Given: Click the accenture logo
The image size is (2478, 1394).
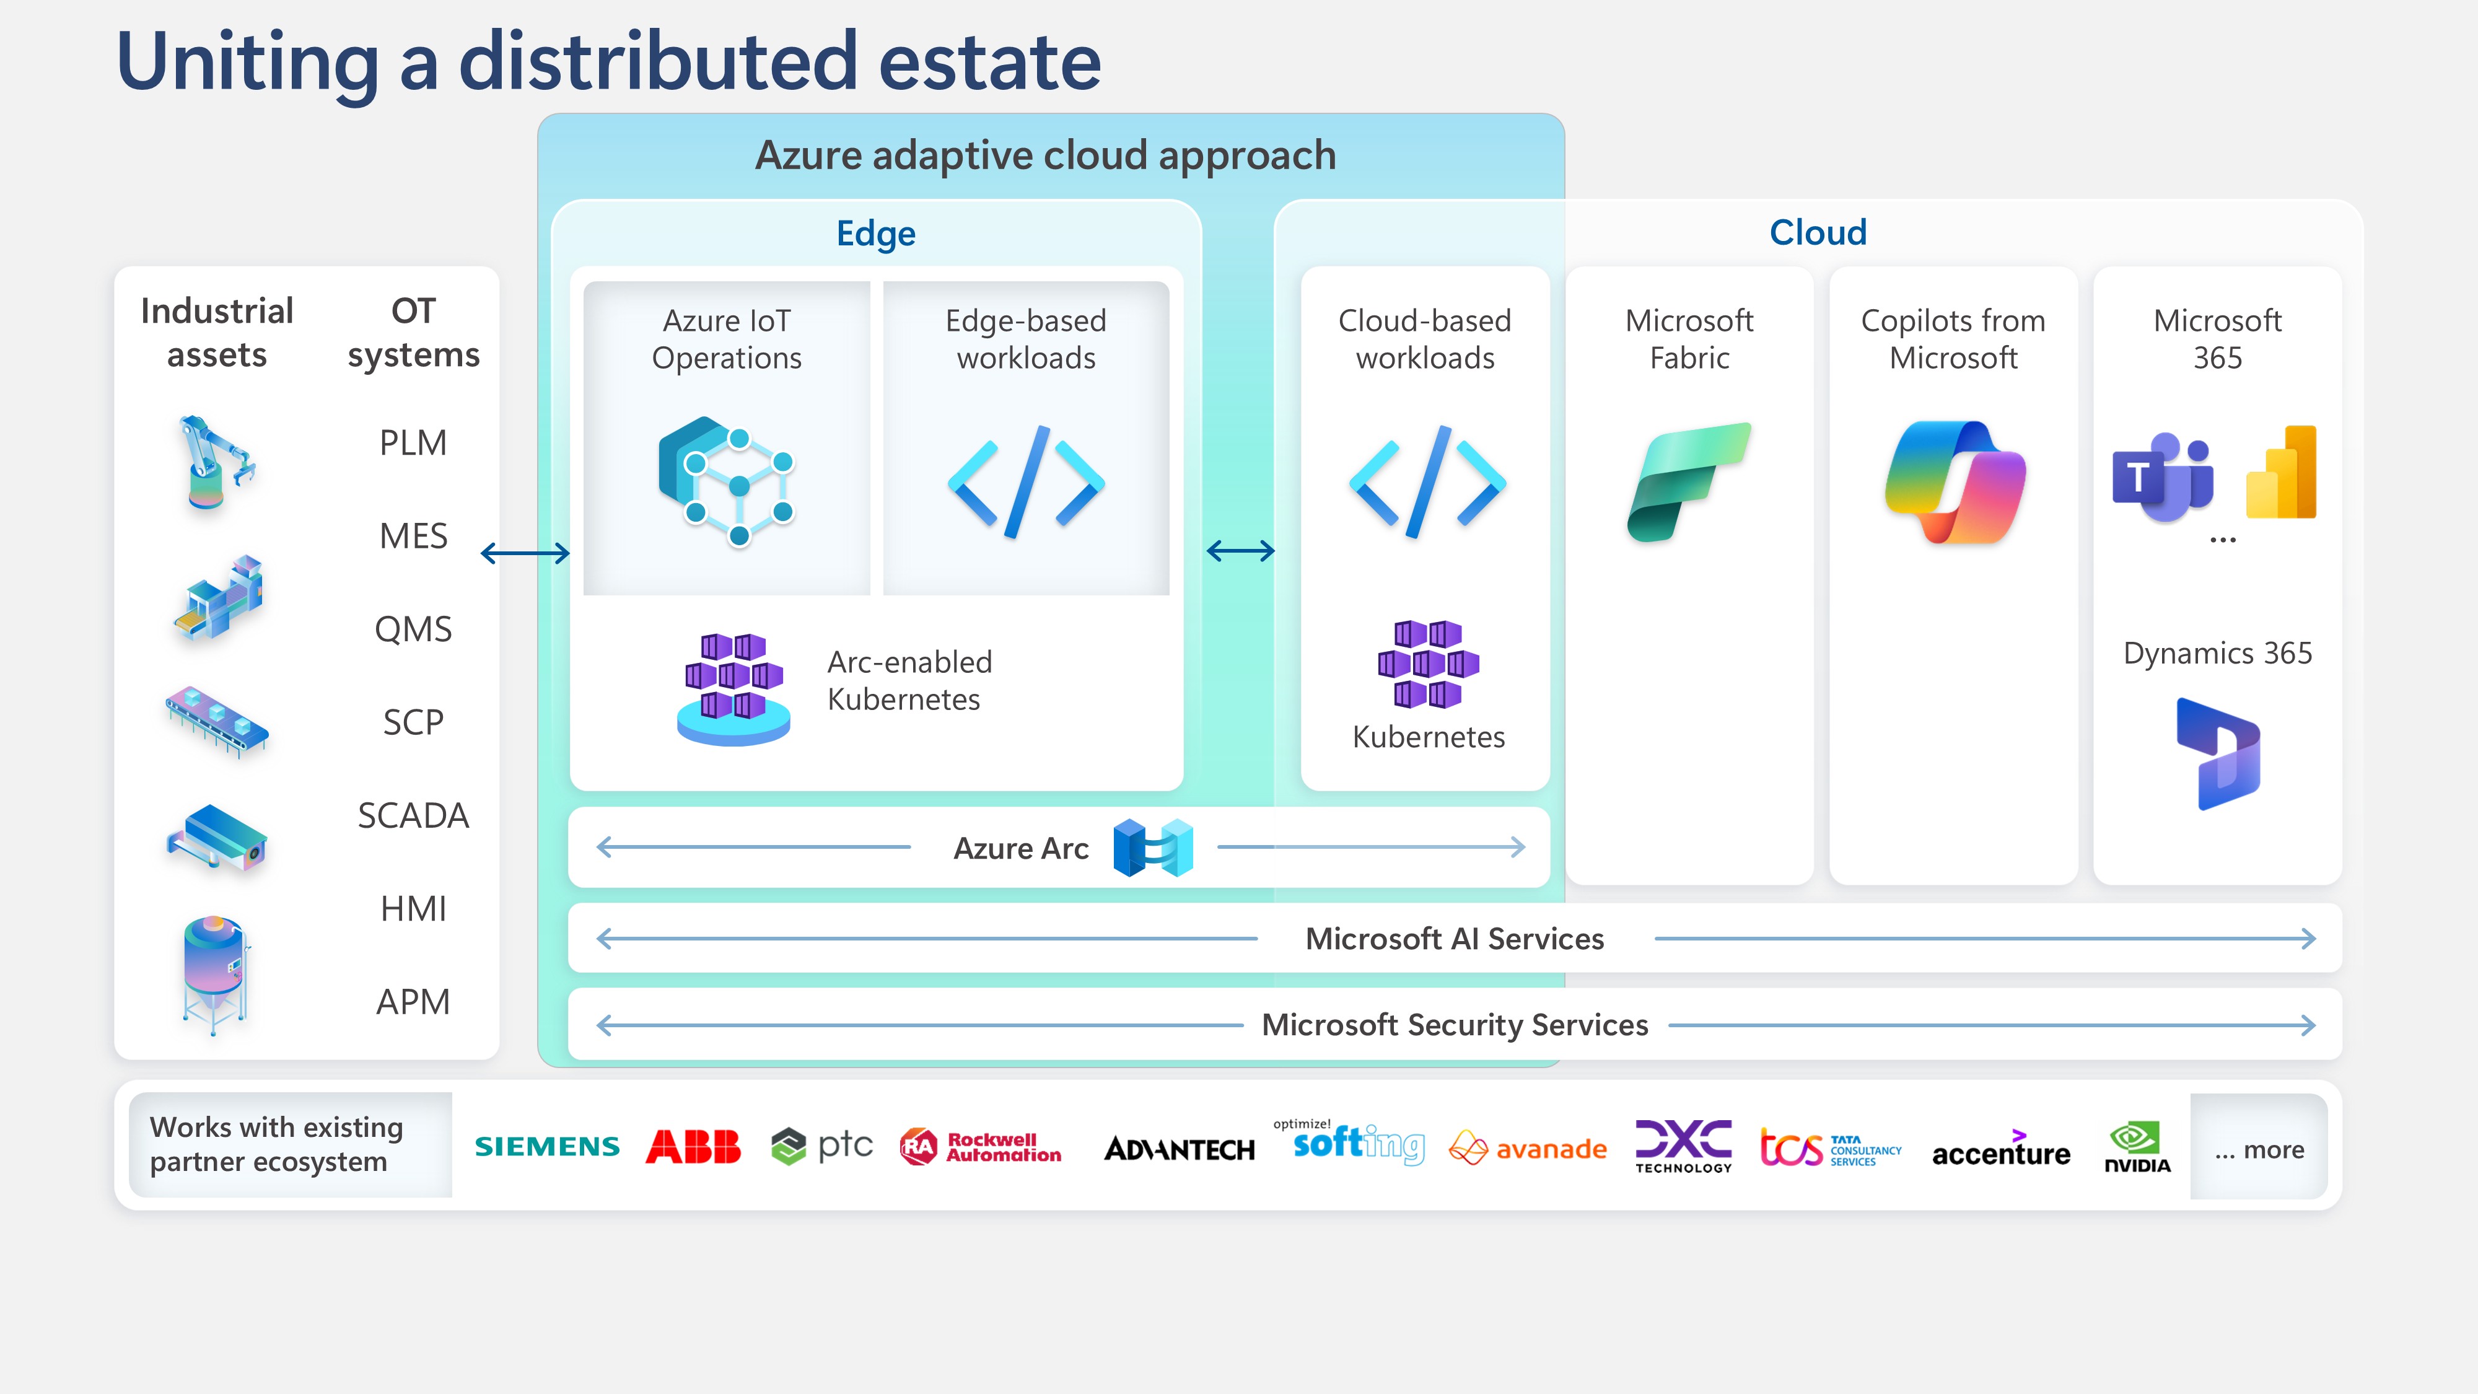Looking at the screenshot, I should click(2001, 1150).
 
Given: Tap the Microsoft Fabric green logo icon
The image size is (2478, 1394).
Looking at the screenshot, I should click(1688, 481).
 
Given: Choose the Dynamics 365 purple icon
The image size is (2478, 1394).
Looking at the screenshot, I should click(2217, 753).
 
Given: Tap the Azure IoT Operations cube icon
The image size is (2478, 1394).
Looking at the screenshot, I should click(726, 480).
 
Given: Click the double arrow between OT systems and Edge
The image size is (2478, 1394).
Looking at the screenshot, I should click(525, 553).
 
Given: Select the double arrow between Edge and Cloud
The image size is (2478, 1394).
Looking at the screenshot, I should click(1240, 551).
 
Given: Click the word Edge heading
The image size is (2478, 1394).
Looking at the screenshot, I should click(875, 233).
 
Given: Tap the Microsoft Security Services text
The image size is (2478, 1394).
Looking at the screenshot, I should click(1455, 1025).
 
